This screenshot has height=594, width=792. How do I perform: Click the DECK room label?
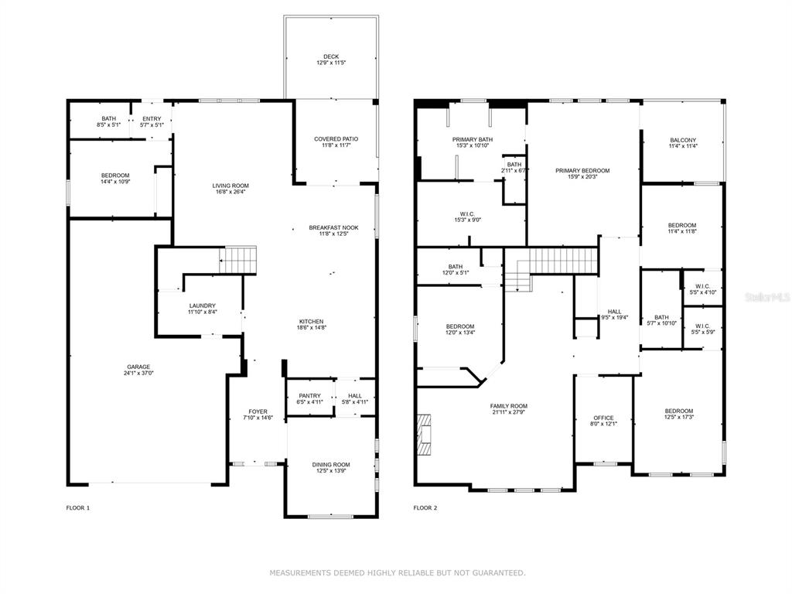point(331,56)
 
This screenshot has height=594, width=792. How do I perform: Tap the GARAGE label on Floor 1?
point(138,367)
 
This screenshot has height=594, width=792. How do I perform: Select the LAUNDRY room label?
point(203,306)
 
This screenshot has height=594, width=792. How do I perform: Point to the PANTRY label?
point(309,396)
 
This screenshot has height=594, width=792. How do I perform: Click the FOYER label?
point(258,411)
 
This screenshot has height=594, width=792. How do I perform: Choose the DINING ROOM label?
point(331,465)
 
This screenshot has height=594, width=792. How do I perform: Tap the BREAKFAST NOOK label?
point(334,228)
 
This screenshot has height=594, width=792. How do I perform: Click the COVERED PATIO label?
point(336,139)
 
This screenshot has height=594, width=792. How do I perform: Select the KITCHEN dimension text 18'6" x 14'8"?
point(311,327)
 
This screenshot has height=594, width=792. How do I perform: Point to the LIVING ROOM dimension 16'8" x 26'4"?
point(230,192)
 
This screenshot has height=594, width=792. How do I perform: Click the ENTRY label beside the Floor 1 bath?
point(152,118)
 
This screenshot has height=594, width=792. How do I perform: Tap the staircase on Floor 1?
point(238,260)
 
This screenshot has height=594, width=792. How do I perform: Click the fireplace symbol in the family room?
point(424,435)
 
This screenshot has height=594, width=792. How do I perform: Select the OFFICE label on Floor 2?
point(603,418)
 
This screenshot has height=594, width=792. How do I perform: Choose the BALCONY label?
point(683,141)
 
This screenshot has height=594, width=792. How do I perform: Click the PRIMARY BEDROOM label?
point(582,171)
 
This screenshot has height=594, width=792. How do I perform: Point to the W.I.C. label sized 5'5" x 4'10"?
point(702,286)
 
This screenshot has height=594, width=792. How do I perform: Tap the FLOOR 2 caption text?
point(425,508)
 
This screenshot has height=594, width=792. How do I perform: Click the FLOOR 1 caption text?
point(78,508)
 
